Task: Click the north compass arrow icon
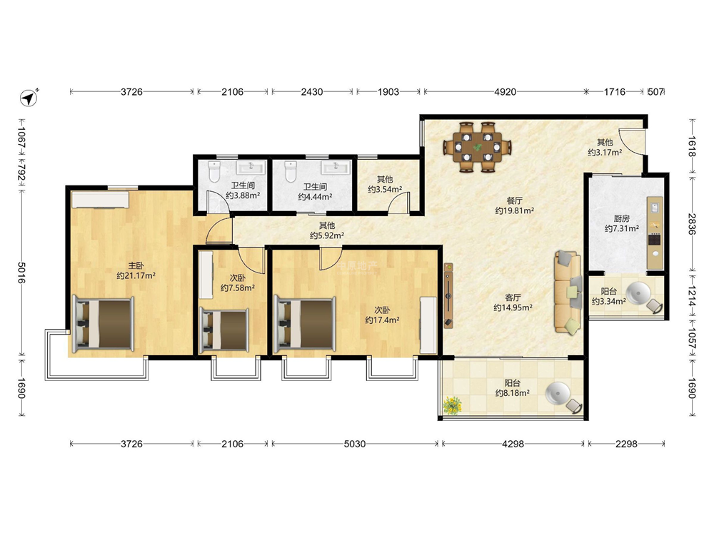coord(29,97)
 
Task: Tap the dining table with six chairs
coord(477,147)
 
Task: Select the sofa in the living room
coord(568,292)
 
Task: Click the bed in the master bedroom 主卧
coord(104,324)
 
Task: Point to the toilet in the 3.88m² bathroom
coord(214,171)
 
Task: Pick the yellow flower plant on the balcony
coord(452,405)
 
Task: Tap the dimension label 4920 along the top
coord(505,92)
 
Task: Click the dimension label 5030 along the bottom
coord(354,444)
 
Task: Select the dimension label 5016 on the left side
coord(21,272)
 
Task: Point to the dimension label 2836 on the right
coord(692,224)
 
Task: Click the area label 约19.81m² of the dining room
coord(515,210)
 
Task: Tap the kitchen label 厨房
coord(621,219)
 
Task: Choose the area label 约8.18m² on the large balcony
coord(512,393)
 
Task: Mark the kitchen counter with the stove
coord(655,233)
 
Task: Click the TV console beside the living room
coord(448,295)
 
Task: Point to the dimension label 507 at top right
coord(655,92)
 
